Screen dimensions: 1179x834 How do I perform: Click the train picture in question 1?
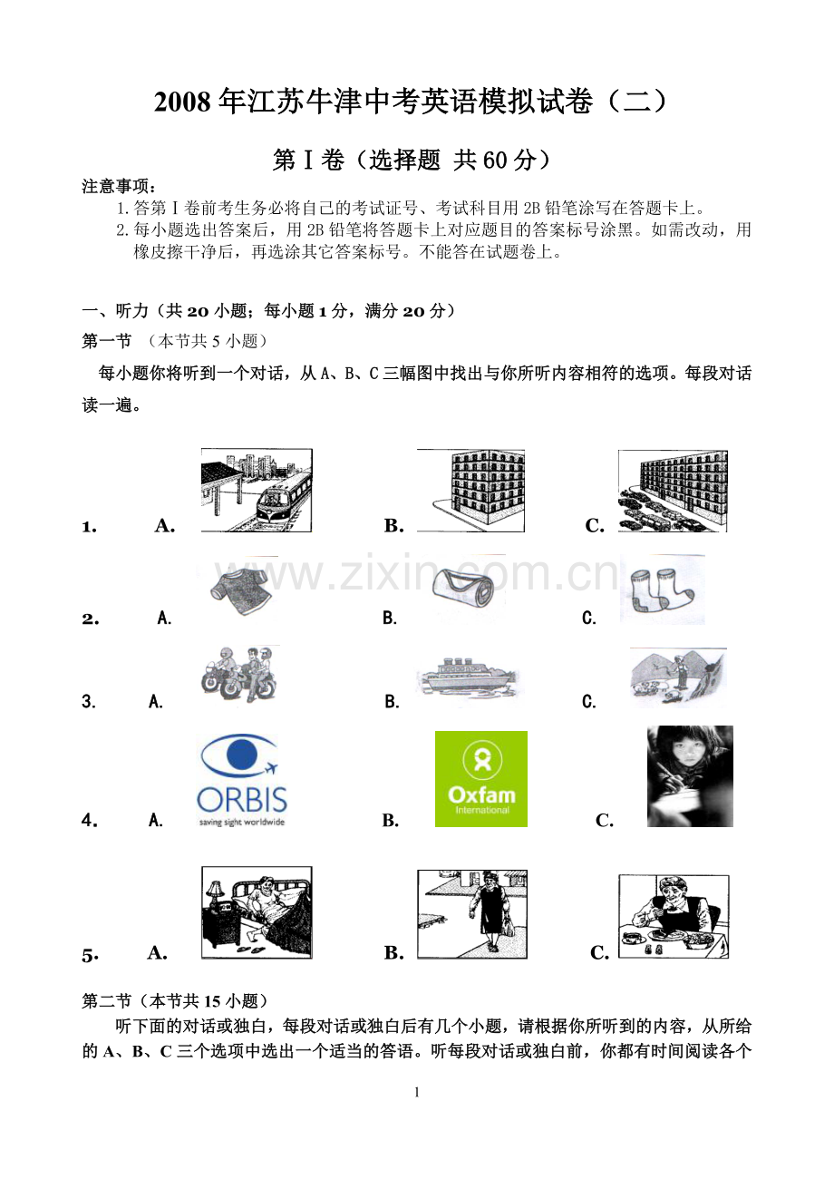click(x=257, y=490)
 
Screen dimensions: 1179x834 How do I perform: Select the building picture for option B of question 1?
click(x=470, y=490)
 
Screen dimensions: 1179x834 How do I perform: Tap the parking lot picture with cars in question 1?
click(x=673, y=491)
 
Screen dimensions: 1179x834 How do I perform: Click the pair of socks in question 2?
click(x=662, y=590)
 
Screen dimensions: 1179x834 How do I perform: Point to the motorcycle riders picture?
click(x=238, y=674)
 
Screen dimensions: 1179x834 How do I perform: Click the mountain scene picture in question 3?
click(x=677, y=677)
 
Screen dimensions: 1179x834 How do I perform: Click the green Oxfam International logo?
click(x=480, y=778)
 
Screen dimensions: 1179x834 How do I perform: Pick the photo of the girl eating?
click(x=690, y=776)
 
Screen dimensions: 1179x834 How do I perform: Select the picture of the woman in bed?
click(x=257, y=911)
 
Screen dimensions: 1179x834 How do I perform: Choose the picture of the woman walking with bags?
click(x=472, y=913)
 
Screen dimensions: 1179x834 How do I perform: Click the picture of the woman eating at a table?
click(x=674, y=916)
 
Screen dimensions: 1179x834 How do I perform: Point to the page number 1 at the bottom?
click(x=417, y=1092)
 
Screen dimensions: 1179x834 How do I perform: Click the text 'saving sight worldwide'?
click(x=241, y=822)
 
